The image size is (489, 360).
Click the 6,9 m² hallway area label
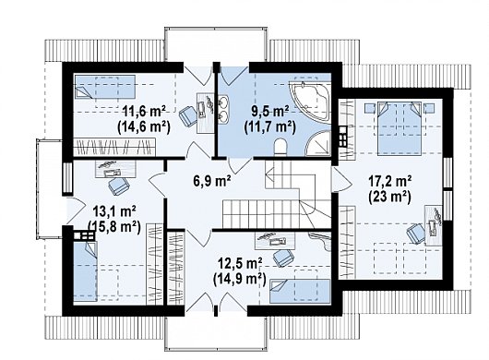tap(212, 181)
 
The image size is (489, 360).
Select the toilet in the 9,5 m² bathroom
tap(281, 147)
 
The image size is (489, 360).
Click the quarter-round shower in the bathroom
tap(319, 144)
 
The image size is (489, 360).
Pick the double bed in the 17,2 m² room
tap(400, 128)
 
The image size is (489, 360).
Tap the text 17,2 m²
tap(390, 181)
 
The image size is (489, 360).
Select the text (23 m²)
tap(389, 197)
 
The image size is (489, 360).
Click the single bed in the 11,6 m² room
tap(104, 87)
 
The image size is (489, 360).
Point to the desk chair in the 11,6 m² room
tap(187, 114)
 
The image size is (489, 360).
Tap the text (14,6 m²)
tap(144, 127)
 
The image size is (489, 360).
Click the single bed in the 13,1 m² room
tap(86, 271)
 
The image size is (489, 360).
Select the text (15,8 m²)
tap(113, 227)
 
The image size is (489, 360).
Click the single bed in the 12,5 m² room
tap(299, 291)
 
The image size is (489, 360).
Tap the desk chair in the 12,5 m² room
tap(283, 258)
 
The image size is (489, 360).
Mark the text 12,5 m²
tap(240, 264)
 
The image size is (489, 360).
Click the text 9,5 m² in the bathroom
tap(270, 111)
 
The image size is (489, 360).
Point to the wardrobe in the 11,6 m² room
tap(114, 147)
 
